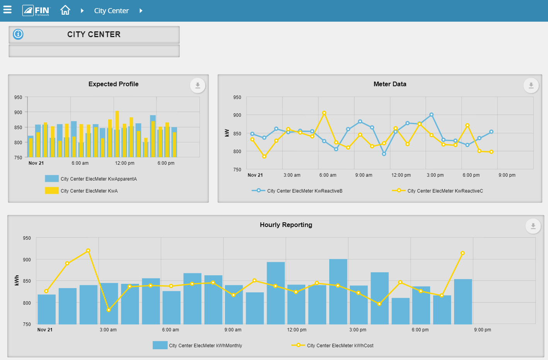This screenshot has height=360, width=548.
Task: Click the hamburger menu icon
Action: [x=7, y=10]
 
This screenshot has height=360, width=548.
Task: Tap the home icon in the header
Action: [x=65, y=10]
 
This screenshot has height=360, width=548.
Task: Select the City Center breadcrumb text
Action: [x=111, y=11]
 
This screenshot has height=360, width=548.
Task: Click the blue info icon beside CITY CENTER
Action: [x=18, y=34]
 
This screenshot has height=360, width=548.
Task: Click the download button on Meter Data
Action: [x=531, y=85]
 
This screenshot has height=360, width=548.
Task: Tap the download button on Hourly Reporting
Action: [x=533, y=226]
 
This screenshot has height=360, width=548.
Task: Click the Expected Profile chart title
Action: [x=113, y=84]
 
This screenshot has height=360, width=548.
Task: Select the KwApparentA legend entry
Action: [x=98, y=179]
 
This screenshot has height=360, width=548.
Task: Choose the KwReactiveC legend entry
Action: [x=445, y=191]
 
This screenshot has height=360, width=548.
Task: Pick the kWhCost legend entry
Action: [x=340, y=346]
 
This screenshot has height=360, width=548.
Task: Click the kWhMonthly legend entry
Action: [x=205, y=346]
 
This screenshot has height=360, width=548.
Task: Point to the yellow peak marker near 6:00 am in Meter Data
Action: [x=324, y=113]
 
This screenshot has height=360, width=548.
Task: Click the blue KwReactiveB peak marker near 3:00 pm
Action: [x=431, y=115]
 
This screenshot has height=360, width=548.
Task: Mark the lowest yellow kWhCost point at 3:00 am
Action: [x=109, y=310]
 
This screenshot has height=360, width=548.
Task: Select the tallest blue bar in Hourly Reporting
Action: [x=338, y=292]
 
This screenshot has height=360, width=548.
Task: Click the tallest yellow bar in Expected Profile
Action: [x=117, y=134]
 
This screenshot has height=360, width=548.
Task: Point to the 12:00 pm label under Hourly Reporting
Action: [x=296, y=330]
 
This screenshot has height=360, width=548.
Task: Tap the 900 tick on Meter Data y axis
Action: [x=237, y=115]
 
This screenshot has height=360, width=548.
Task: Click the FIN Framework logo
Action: [x=36, y=10]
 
